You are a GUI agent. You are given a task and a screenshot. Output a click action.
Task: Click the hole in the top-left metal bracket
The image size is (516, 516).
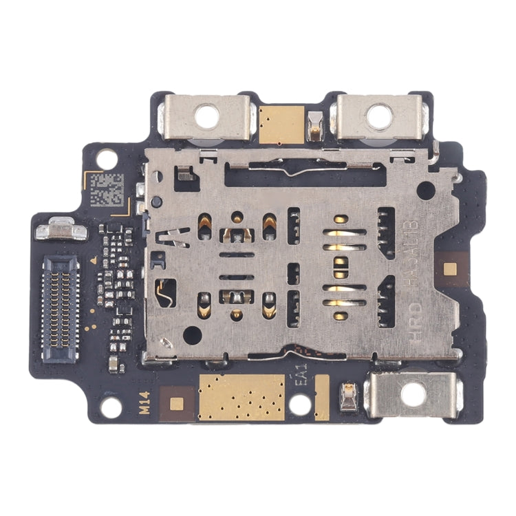[206, 116]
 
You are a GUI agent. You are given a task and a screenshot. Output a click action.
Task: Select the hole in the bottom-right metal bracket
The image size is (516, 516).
[413, 394]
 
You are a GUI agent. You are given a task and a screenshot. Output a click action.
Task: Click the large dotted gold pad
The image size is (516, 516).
[241, 398]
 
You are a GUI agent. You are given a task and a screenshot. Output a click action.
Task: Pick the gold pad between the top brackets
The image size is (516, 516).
[282, 125]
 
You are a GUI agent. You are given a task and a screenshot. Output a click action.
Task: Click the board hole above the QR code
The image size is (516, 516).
[107, 159]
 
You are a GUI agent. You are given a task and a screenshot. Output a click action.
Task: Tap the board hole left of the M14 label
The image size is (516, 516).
[111, 407]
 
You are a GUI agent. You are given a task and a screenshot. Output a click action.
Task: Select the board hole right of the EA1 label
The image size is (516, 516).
[300, 405]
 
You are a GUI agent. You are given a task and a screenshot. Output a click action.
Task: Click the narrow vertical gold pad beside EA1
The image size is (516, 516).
[321, 398]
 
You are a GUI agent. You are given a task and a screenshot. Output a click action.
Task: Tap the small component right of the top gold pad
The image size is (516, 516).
[315, 126]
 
